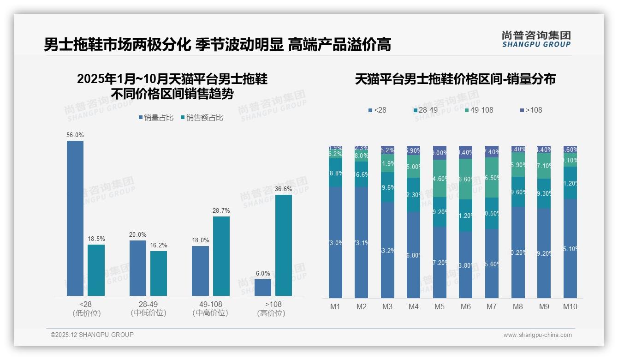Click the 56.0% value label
tap(75, 135)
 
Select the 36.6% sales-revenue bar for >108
tap(284, 245)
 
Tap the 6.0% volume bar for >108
tap(263, 287)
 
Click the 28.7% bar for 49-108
tap(221, 256)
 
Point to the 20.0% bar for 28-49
tap(138, 268)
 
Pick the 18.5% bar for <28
tap(96, 270)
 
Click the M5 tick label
tap(440, 306)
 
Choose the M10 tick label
tap(570, 306)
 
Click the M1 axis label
tap(335, 306)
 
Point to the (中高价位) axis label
tap(210, 313)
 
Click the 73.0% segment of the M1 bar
tap(336, 242)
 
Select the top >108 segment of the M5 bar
tap(440, 153)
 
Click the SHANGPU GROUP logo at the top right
tap(536, 39)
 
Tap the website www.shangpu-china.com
tap(537, 335)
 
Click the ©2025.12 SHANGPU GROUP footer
tap(92, 335)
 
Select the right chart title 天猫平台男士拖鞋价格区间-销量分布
tap(455, 79)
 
